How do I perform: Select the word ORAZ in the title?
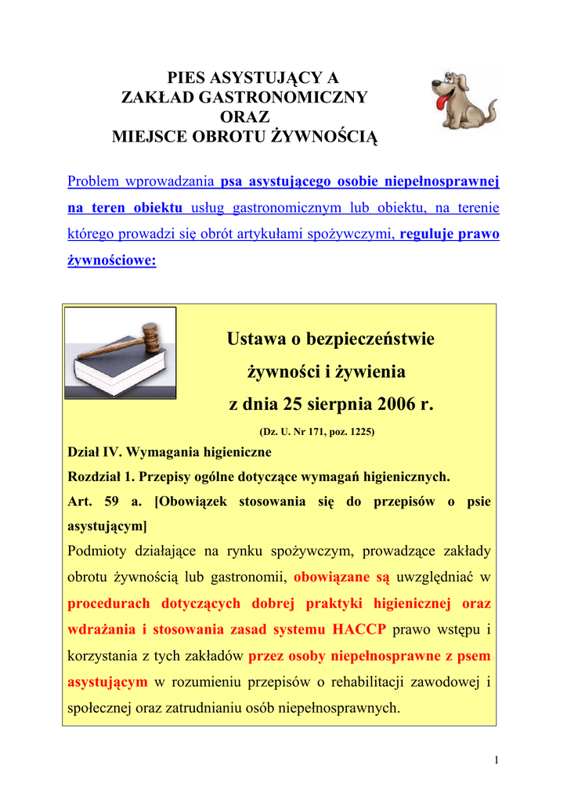[244, 117]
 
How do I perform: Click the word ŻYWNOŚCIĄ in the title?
[313, 137]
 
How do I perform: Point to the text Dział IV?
[93, 452]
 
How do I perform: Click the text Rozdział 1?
[101, 476]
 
